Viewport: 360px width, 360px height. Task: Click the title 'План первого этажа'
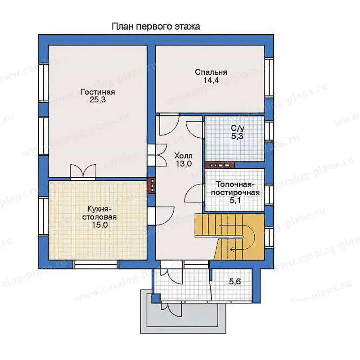tap(156, 27)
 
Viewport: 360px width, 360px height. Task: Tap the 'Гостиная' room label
tap(98, 92)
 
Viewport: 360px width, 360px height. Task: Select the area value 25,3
tap(98, 100)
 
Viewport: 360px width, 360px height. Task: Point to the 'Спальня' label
tap(211, 72)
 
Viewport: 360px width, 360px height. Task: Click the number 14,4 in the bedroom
tap(211, 80)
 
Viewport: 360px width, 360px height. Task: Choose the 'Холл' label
tap(183, 156)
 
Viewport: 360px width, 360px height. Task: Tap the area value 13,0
tap(184, 164)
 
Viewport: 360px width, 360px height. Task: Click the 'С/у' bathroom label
tap(238, 129)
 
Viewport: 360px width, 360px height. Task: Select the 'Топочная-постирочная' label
tap(235, 189)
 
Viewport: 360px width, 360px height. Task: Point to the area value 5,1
tap(235, 200)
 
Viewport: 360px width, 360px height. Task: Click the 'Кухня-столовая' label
tap(99, 213)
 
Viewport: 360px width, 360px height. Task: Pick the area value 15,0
tap(99, 225)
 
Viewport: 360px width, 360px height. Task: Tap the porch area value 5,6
tap(234, 281)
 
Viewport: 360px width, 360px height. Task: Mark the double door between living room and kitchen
tap(83, 172)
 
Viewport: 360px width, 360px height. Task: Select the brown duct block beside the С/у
tap(220, 165)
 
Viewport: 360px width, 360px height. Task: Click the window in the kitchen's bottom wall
tap(96, 264)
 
